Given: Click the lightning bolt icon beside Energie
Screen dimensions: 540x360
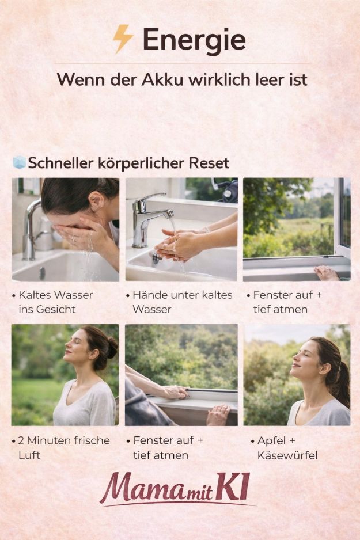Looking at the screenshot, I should (123, 39).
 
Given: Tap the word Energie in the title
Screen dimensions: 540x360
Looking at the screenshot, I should (194, 40).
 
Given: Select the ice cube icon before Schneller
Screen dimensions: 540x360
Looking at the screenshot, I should (20, 162).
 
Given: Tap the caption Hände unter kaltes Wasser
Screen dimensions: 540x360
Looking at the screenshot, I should (182, 302).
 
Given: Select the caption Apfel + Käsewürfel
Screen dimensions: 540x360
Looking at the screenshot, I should (287, 448).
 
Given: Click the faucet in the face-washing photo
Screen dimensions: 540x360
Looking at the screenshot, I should (31, 227).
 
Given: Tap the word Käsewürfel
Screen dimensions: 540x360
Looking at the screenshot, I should (287, 455).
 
